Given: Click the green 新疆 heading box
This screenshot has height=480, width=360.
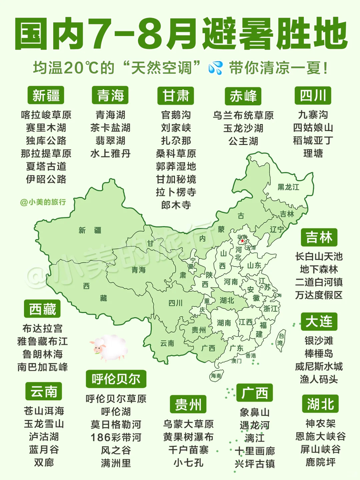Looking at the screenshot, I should pyautogui.click(x=46, y=95).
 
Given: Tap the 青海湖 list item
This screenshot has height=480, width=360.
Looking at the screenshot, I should pyautogui.click(x=110, y=115).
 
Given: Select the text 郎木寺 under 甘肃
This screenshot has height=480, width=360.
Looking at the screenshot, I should pyautogui.click(x=176, y=205).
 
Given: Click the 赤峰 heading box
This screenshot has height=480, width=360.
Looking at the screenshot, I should pyautogui.click(x=243, y=96).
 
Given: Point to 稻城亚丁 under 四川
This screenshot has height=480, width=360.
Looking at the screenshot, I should pyautogui.click(x=313, y=141).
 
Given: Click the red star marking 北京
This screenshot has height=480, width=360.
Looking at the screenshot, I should pyautogui.click(x=242, y=241).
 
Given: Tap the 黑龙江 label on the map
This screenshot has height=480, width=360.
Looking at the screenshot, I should pyautogui.click(x=288, y=187).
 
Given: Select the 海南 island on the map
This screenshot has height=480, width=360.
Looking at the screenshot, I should pyautogui.click(x=216, y=376).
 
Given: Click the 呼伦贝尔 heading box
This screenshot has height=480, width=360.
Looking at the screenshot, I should pyautogui.click(x=116, y=379).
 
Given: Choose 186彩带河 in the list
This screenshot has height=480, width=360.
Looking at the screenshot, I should pyautogui.click(x=116, y=437).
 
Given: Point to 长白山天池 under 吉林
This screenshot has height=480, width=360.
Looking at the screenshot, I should pyautogui.click(x=319, y=256).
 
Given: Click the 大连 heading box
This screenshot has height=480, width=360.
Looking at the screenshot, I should pyautogui.click(x=319, y=322).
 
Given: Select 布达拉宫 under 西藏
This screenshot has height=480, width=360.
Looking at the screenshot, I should pyautogui.click(x=42, y=329).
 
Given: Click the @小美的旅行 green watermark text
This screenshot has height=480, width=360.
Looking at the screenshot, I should pyautogui.click(x=43, y=202).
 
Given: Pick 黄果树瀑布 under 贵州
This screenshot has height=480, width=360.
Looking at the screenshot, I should pyautogui.click(x=188, y=437).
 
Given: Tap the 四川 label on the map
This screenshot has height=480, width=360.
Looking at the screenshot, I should pyautogui.click(x=175, y=303).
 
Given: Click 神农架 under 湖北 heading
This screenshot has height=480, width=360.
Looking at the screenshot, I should pyautogui.click(x=320, y=423).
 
